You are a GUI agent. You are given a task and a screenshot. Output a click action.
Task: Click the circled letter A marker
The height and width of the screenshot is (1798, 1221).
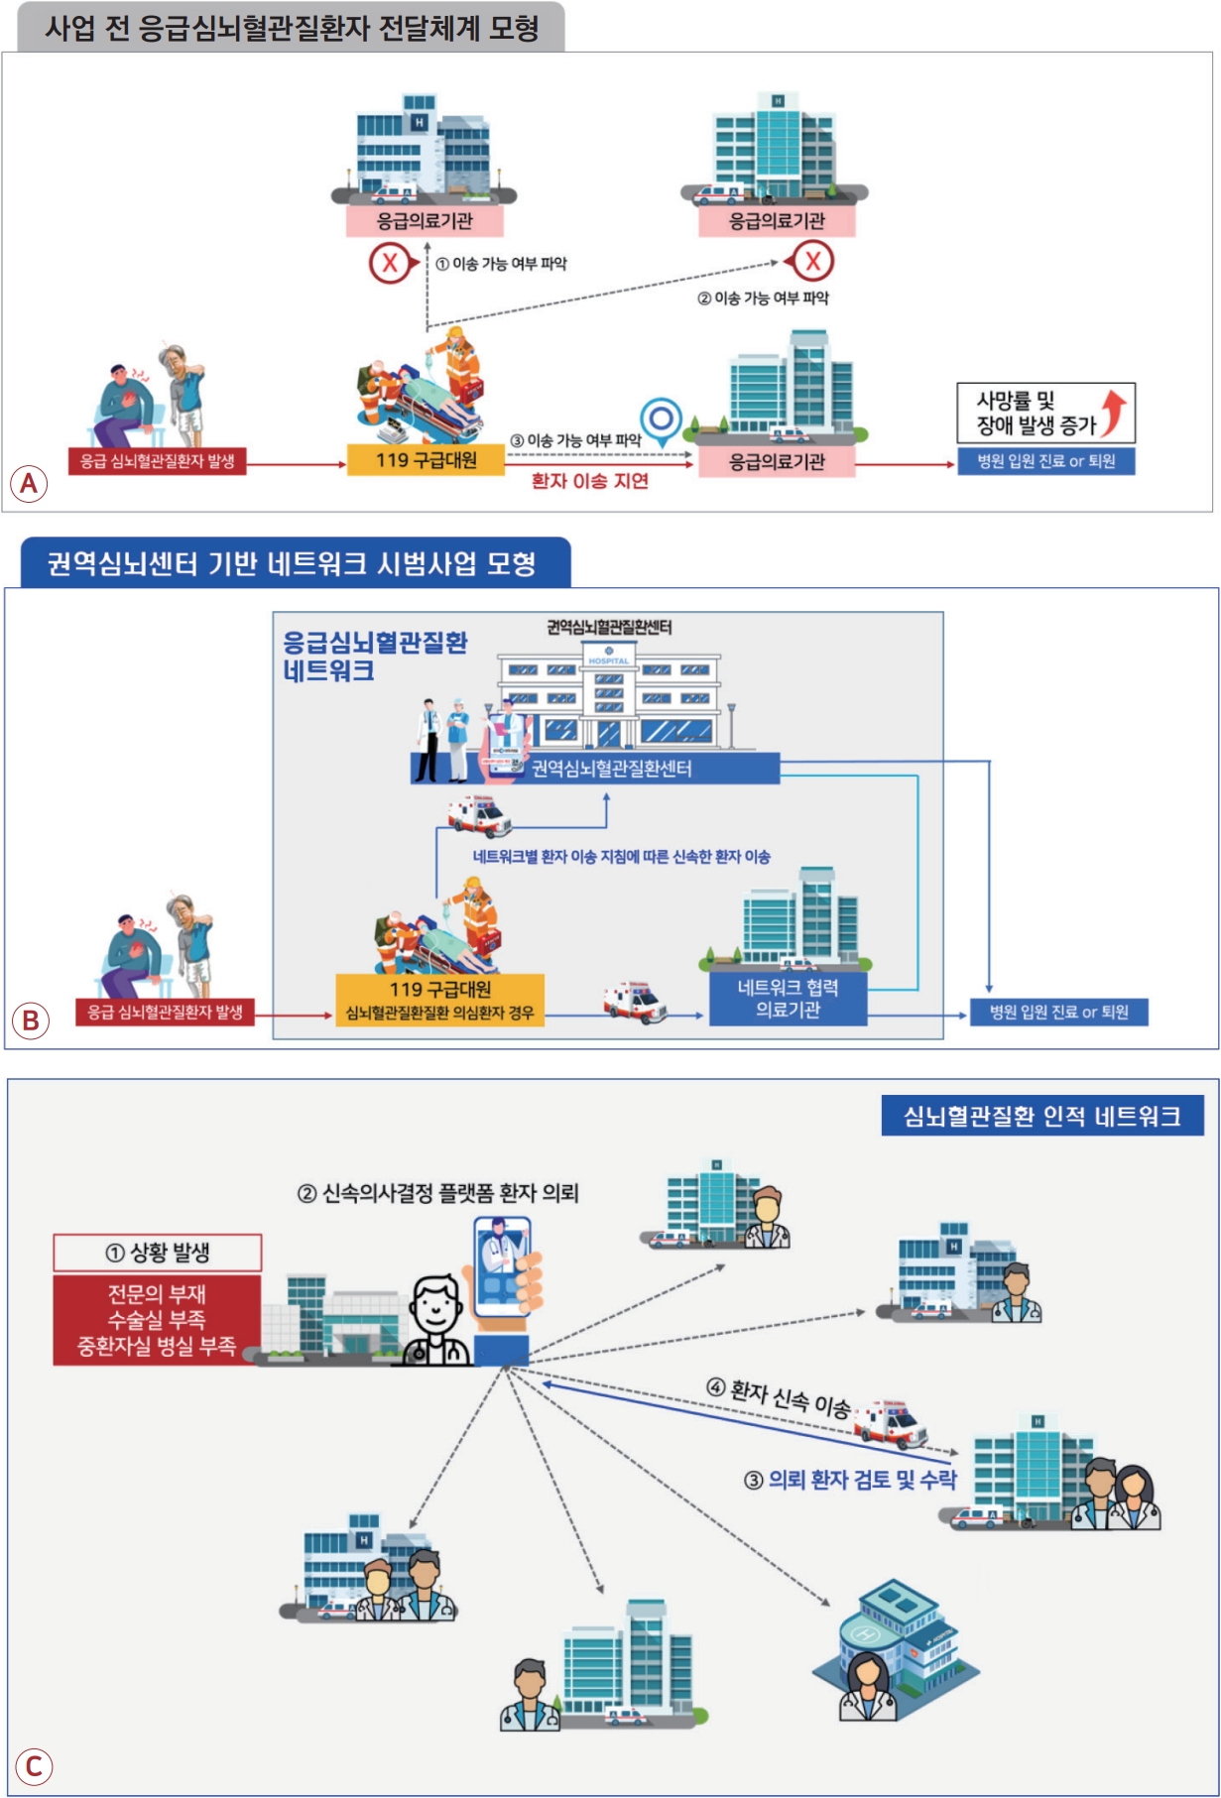(x=29, y=483)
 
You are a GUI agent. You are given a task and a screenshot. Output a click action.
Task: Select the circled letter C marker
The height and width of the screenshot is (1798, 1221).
(x=34, y=1765)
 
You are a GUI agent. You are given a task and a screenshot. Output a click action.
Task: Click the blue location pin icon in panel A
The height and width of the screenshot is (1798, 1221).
(x=661, y=421)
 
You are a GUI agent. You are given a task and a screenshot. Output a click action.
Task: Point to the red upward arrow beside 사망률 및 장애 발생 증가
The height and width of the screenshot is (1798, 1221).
(x=1115, y=412)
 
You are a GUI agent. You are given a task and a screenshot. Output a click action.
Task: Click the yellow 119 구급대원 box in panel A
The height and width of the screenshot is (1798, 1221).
(x=426, y=460)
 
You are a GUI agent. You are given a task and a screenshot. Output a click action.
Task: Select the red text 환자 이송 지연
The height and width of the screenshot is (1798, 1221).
(x=590, y=481)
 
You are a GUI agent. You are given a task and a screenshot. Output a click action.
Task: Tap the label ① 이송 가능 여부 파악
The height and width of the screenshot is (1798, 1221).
(x=501, y=264)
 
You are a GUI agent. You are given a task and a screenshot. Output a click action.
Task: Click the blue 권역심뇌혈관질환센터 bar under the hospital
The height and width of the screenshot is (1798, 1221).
(x=595, y=769)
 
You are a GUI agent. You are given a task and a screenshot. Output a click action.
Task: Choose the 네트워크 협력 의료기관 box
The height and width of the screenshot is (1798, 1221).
(x=788, y=998)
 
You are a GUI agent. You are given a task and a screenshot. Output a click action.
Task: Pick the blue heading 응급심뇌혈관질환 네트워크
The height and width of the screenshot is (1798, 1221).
(x=374, y=656)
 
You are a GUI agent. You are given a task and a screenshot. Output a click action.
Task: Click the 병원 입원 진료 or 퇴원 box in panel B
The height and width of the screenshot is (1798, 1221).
(x=1058, y=1012)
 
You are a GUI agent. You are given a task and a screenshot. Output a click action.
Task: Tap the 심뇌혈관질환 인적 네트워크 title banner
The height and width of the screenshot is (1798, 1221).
(x=1041, y=1117)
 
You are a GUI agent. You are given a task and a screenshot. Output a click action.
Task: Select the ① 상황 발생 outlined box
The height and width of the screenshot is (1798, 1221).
(x=158, y=1253)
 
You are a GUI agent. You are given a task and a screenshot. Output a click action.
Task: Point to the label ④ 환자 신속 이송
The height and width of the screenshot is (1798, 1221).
(x=779, y=1398)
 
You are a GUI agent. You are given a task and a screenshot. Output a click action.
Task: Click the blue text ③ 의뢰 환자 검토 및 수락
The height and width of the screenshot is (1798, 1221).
(x=850, y=1480)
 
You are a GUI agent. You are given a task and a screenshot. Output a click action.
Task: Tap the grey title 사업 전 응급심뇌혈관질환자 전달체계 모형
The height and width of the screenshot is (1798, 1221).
(x=291, y=27)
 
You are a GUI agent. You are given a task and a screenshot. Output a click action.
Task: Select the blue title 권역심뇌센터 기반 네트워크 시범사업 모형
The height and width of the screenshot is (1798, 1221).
(x=294, y=563)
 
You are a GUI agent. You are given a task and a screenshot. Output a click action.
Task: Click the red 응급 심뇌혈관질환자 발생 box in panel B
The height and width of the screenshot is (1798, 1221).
(x=165, y=1012)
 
